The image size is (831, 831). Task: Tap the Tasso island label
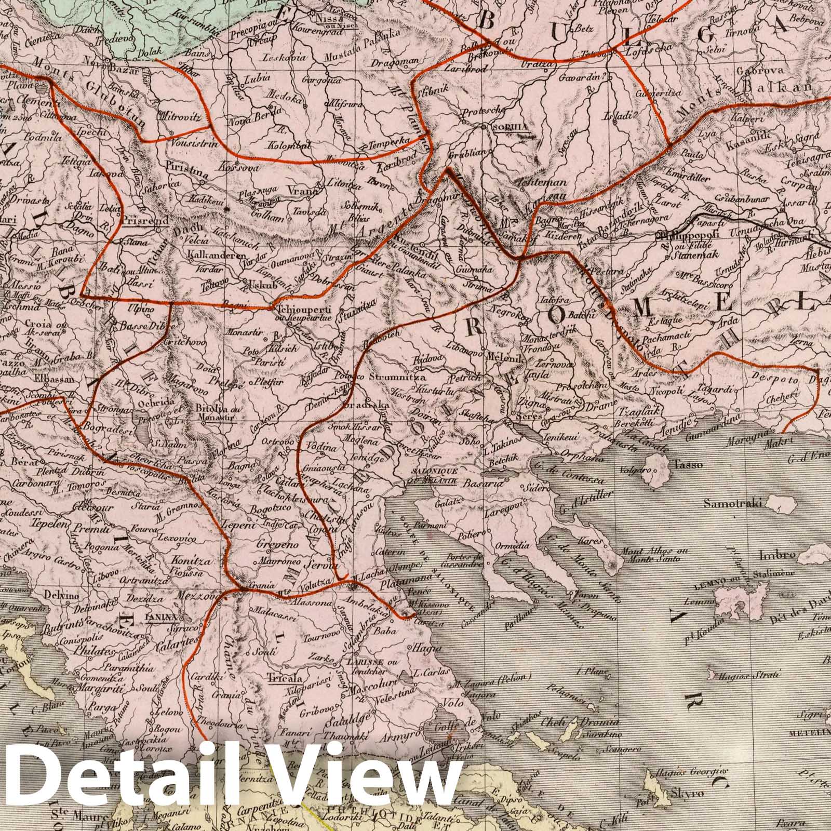point(688,465)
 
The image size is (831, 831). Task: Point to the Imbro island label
point(777,555)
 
